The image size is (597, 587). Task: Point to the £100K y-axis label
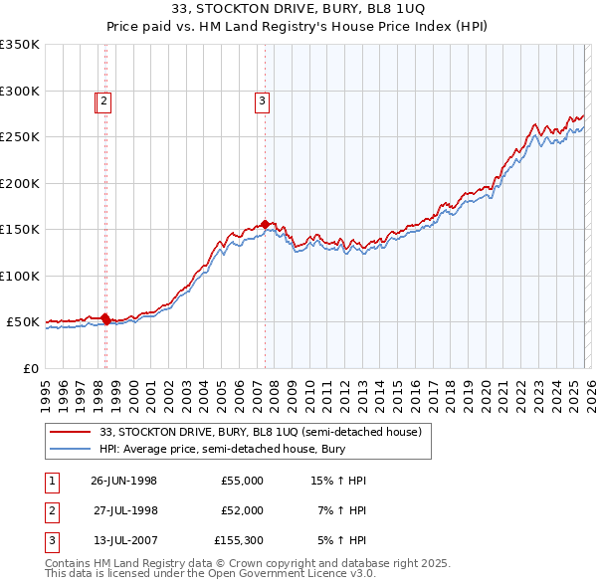coord(20,276)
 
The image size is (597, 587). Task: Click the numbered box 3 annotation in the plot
coord(262,99)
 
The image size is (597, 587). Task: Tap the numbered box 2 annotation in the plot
coord(104,99)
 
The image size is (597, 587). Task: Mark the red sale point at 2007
coord(265,225)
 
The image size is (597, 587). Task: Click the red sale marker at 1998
coord(105,319)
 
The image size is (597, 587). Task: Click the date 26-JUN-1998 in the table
coord(123,481)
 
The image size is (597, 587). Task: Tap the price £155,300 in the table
coord(239,540)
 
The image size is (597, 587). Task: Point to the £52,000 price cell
coord(242,510)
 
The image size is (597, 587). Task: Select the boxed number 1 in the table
coord(49,481)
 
